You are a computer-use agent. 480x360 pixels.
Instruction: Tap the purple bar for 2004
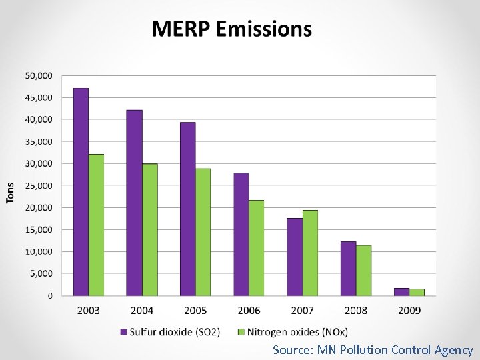coord(134,203)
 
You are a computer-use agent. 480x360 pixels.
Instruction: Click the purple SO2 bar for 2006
coord(241,234)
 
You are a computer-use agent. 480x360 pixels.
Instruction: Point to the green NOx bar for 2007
coord(310,253)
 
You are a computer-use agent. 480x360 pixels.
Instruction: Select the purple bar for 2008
coord(348,268)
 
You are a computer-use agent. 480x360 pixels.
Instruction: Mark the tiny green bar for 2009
coord(417,292)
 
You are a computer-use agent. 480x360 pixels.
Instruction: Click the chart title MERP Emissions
coord(231,29)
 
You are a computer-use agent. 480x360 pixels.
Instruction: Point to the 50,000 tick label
coord(39,76)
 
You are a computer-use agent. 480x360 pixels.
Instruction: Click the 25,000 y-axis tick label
coord(39,186)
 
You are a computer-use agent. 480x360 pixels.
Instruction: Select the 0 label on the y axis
coord(49,295)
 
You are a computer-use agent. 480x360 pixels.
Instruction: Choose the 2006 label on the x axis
coord(249,311)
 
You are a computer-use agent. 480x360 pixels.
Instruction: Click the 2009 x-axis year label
coord(409,311)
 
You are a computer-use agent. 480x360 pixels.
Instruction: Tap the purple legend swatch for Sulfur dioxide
coord(123,332)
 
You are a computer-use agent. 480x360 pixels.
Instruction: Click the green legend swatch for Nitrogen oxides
coord(241,332)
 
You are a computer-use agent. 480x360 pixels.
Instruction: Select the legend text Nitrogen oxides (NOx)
coord(297,332)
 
